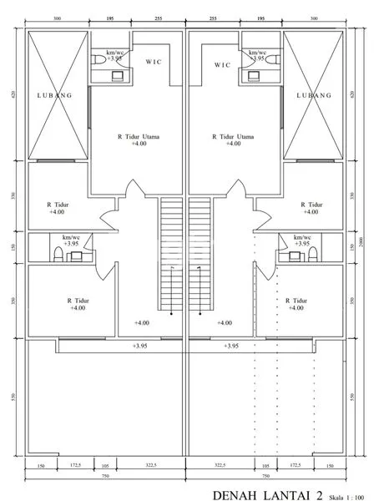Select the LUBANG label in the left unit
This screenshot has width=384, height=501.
[x=55, y=95]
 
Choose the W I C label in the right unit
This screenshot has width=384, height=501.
[x=221, y=64]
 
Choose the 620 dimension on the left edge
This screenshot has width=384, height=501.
[x=13, y=95]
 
